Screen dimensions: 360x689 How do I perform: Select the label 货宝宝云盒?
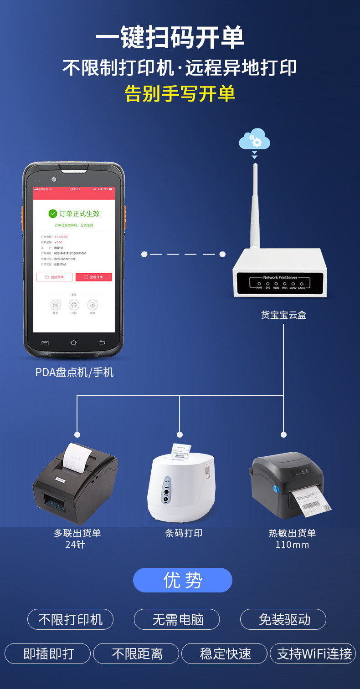[x=283, y=315]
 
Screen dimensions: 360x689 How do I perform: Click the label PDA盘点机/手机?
[x=74, y=372]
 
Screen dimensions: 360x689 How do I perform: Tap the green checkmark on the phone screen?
[x=53, y=214]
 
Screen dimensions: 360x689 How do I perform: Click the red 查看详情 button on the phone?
[x=93, y=277]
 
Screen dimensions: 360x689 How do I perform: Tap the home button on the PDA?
[x=74, y=342]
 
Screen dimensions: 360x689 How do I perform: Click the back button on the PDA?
[x=102, y=342]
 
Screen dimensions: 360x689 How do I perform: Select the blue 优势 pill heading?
[x=183, y=580]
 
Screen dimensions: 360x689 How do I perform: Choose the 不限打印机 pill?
[x=70, y=619]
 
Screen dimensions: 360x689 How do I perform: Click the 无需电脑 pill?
[x=177, y=619]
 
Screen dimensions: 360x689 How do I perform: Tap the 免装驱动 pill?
[x=283, y=619]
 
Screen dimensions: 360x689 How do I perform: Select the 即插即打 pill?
[x=48, y=653]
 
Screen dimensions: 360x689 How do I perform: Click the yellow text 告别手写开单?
[x=180, y=93]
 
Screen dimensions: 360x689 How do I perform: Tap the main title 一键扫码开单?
[x=170, y=38]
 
